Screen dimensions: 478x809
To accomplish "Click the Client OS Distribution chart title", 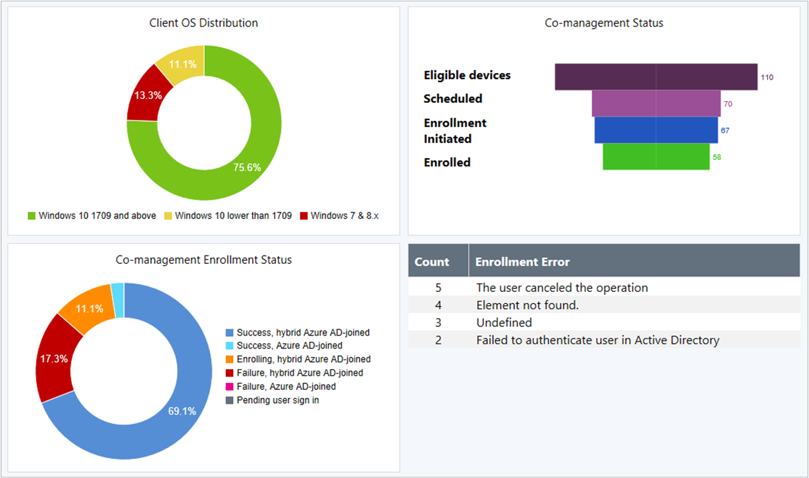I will click(203, 23).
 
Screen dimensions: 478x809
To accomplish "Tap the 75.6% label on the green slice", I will click(247, 167).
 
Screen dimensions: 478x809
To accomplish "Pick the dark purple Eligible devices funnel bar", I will click(656, 77).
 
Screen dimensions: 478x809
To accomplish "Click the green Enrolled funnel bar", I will click(656, 157).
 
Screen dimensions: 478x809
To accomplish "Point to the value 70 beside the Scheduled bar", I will click(728, 104).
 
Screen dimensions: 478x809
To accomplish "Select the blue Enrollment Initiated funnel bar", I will click(656, 130).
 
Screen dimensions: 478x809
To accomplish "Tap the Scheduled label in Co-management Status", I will click(453, 99).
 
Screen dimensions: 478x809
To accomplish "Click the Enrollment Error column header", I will click(522, 262).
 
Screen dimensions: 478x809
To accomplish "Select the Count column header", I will click(432, 262).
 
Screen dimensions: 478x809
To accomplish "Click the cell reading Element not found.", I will click(527, 305).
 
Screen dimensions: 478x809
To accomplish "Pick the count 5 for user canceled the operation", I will click(439, 288).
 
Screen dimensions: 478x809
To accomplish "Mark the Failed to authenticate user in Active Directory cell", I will click(598, 340).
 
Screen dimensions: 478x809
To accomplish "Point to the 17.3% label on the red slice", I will click(54, 359).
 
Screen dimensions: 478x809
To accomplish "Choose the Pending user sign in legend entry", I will click(278, 400).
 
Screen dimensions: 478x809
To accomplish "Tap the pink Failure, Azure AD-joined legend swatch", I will click(230, 387).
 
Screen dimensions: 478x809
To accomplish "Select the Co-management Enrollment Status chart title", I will click(203, 260).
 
